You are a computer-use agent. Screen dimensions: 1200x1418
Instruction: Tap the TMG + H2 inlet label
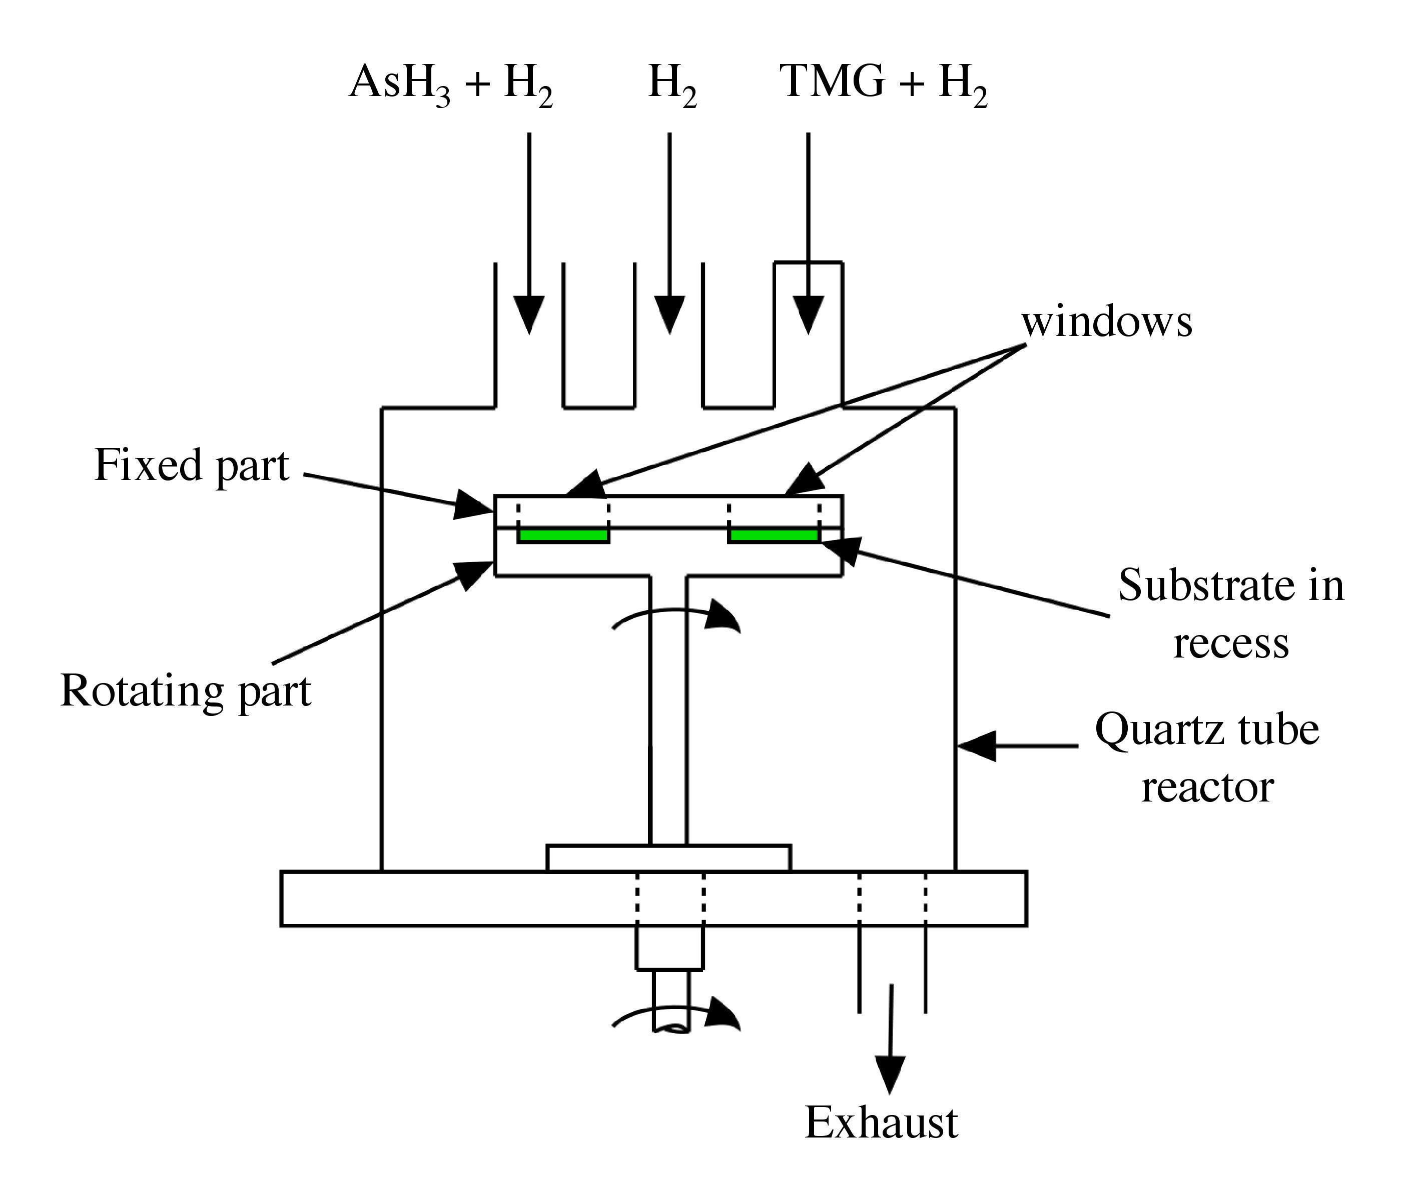883,84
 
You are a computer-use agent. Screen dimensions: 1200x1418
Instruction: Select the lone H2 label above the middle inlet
672,84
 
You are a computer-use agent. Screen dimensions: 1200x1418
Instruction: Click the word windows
1107,322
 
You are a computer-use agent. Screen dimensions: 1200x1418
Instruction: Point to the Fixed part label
191,466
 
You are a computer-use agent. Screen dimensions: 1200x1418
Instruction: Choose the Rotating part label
185,692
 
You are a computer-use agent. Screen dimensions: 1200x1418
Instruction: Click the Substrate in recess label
1231,613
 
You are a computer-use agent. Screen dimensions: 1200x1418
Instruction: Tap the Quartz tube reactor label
1207,758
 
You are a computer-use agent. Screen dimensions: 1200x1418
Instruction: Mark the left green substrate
563,536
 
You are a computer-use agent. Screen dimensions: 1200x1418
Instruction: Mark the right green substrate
774,536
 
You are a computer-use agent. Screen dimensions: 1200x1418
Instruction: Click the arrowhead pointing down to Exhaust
890,1074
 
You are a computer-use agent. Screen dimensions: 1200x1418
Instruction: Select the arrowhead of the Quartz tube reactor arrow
976,746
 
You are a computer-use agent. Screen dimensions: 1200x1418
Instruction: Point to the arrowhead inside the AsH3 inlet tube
529,315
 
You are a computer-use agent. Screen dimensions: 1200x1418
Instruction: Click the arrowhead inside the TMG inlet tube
809,315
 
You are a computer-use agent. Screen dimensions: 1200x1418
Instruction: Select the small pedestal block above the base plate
668,858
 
